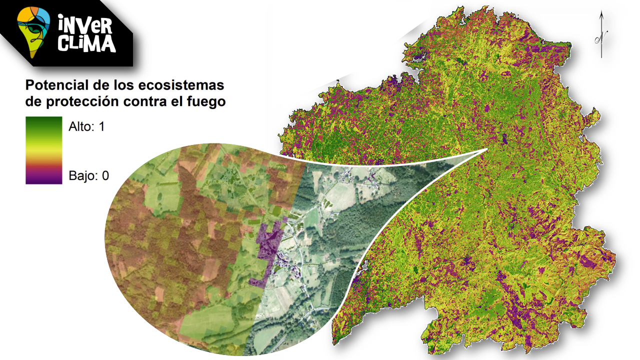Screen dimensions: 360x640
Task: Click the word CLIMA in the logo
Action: [86, 44]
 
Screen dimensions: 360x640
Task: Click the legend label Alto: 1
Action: [86, 126]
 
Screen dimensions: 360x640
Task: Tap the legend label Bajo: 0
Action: [88, 175]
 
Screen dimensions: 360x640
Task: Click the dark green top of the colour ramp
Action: [44, 121]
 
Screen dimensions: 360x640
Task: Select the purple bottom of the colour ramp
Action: [44, 178]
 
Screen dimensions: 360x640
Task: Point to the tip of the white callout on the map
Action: [487, 149]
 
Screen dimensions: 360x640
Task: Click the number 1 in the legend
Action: [101, 126]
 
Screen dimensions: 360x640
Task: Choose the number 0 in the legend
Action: [105, 175]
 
